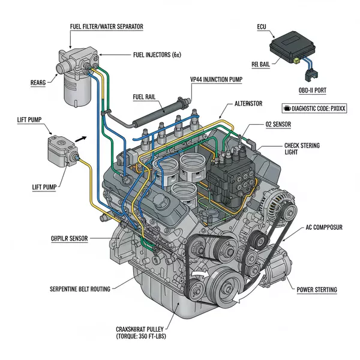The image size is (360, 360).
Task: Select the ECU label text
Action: (x=261, y=28)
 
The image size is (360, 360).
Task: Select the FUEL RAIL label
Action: (x=148, y=97)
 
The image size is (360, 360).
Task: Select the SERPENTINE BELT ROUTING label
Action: (x=80, y=289)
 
